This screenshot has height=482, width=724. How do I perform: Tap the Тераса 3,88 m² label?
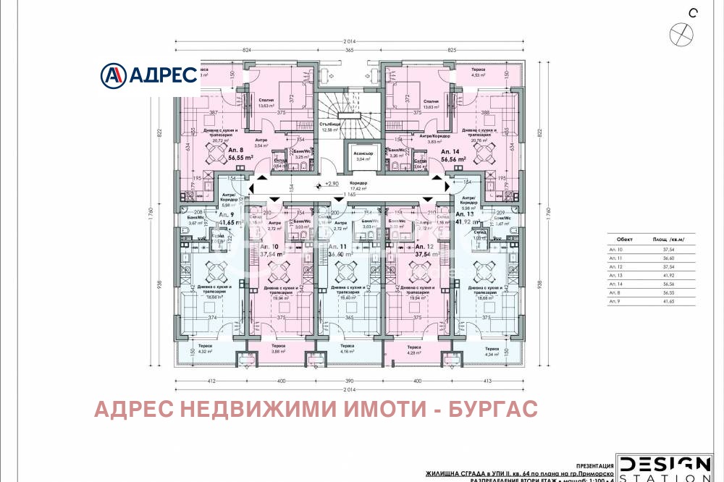[x=278, y=349]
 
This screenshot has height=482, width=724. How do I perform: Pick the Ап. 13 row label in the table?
[x=617, y=275]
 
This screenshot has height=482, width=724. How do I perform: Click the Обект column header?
[x=623, y=238]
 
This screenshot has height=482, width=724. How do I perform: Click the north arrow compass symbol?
[x=682, y=33]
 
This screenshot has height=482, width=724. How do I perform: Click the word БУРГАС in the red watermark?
[x=496, y=410]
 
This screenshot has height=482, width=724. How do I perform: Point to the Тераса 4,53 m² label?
[x=477, y=72]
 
